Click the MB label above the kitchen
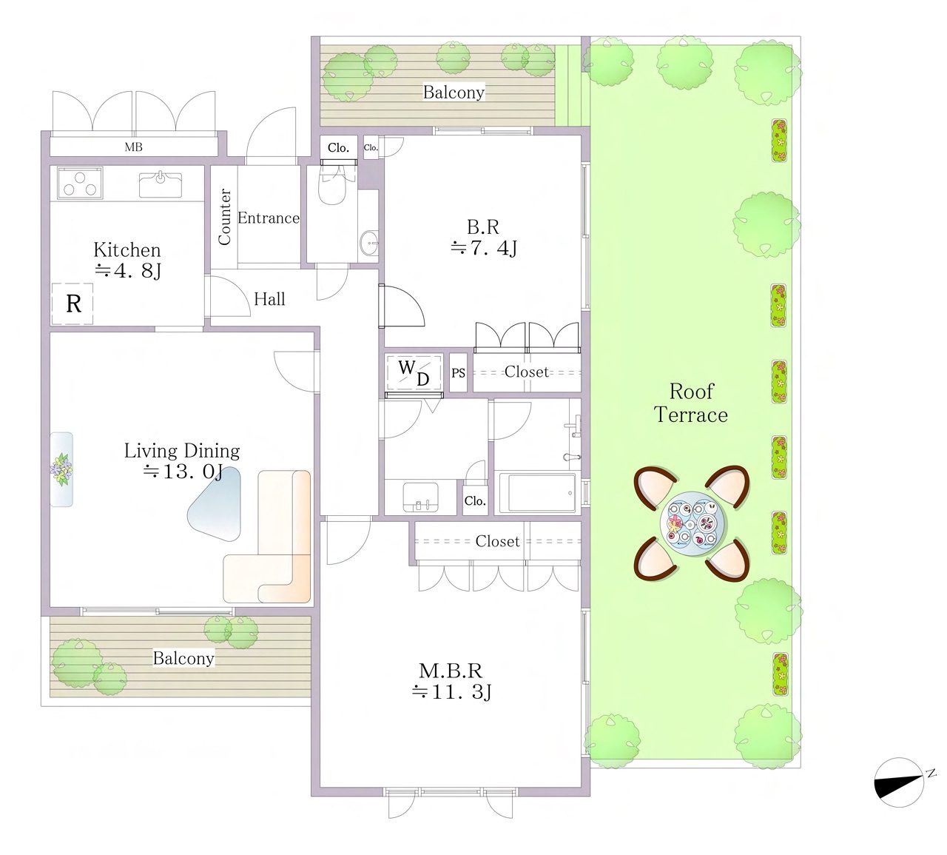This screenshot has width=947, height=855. click(x=134, y=147)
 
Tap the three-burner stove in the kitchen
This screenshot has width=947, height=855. click(x=80, y=184)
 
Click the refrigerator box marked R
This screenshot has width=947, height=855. click(x=73, y=304)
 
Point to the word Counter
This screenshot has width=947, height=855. click(x=224, y=217)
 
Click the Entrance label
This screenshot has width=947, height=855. click(x=268, y=218)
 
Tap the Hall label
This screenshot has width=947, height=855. click(x=269, y=299)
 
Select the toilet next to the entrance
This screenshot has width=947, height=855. click(x=332, y=185)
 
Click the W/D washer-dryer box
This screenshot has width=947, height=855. click(x=414, y=372)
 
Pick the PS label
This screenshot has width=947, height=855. click(x=459, y=373)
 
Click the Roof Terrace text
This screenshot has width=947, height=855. click(x=691, y=403)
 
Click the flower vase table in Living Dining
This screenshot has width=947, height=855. click(x=62, y=469)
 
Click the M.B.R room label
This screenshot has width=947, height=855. click(x=451, y=671)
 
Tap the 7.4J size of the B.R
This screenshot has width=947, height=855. click(x=484, y=247)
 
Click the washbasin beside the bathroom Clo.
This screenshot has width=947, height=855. click(x=420, y=497)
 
